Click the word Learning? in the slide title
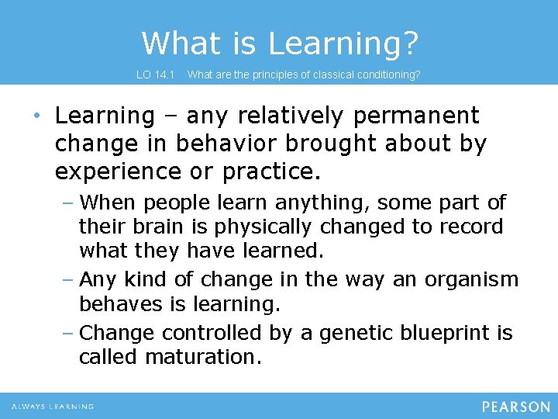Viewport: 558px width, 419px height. [x=343, y=43]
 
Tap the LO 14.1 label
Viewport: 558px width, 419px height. [x=157, y=75]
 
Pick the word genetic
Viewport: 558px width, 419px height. [x=350, y=333]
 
